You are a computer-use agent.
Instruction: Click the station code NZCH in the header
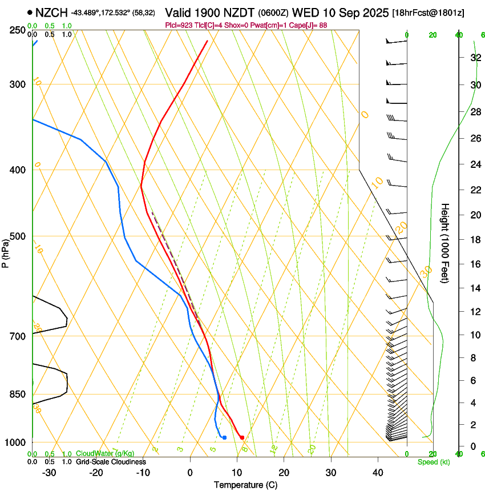[52, 12]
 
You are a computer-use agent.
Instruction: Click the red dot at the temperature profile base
[242, 437]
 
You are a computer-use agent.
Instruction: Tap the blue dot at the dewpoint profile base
[224, 437]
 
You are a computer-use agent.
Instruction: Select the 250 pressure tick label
[18, 30]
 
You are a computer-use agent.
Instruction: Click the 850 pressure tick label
[18, 395]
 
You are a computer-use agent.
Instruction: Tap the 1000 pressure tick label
[15, 442]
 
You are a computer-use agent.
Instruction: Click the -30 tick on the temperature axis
[49, 473]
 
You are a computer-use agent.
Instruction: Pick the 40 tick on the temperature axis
[377, 473]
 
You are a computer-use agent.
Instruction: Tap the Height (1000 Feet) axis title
[446, 243]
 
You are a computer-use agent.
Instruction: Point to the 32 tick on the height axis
[474, 58]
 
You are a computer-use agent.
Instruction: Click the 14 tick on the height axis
[474, 288]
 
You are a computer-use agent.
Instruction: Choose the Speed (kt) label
[433, 462]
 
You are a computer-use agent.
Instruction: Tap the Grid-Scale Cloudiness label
[110, 462]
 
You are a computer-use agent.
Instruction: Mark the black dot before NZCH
[30, 12]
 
